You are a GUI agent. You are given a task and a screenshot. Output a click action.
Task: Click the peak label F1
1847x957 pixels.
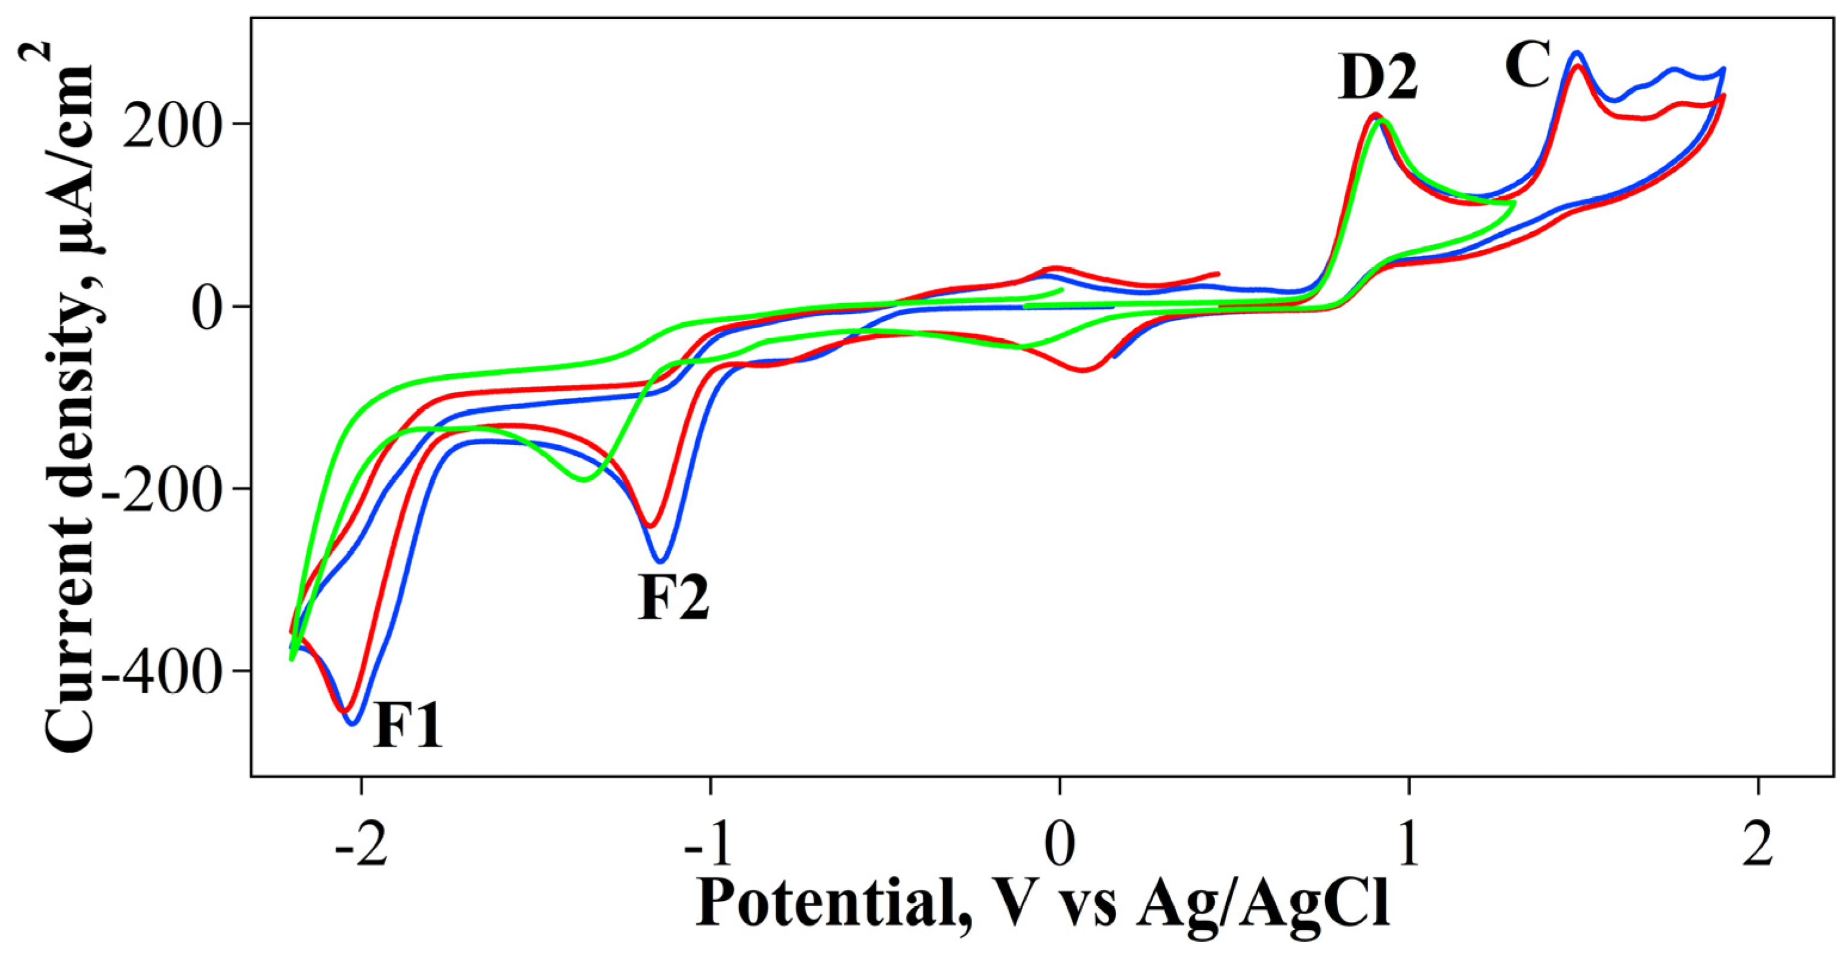tap(407, 726)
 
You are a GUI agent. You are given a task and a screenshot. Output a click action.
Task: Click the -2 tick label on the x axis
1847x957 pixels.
tap(361, 847)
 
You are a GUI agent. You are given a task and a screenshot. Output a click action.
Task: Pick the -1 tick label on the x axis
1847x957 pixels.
tap(710, 847)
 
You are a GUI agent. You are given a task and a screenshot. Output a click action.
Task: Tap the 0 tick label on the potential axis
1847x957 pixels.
tap(1059, 847)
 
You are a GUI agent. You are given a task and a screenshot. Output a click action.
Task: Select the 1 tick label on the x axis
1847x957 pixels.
tap(1408, 847)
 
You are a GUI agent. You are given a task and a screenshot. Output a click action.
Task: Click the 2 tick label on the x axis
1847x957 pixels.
tap(1758, 847)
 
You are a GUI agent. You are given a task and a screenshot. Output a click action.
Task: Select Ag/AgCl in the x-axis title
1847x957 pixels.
tap(1262, 901)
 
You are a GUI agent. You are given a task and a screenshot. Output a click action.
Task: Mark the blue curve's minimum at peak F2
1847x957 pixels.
tap(661, 561)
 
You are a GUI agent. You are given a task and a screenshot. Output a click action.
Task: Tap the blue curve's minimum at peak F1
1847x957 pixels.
tap(352, 723)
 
